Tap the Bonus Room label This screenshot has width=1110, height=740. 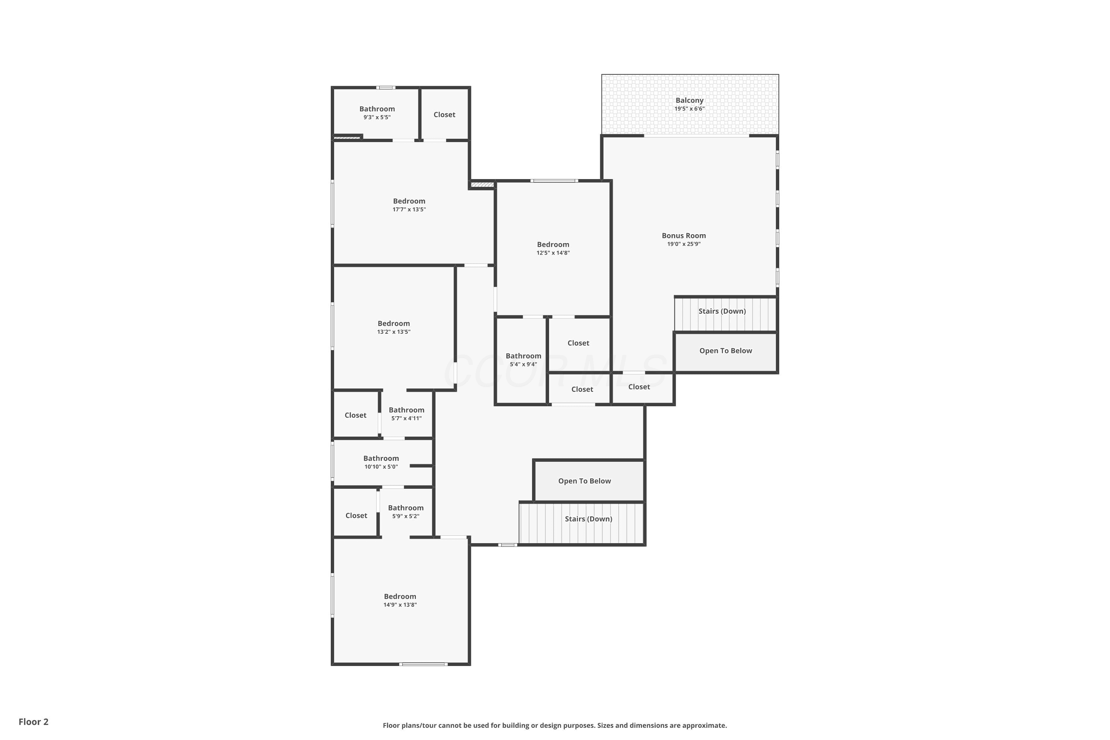click(x=683, y=235)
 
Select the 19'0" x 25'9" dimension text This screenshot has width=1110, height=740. click(x=683, y=244)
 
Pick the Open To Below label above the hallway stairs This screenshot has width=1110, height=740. click(x=584, y=481)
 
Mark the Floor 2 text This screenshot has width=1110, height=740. click(x=34, y=721)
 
